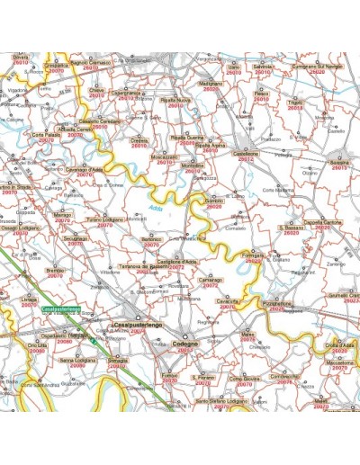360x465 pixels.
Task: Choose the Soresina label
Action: pos(339,165)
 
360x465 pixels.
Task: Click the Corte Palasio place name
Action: pos(46,136)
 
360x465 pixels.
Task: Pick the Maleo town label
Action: pos(247,334)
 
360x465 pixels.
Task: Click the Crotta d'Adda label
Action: pos(339,345)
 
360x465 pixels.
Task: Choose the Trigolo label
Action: pos(294,103)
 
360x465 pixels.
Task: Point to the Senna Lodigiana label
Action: pos(78,360)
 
